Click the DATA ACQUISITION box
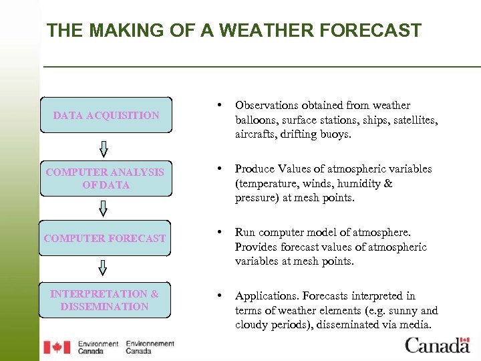106,115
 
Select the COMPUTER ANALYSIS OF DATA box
106,178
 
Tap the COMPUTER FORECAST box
106,238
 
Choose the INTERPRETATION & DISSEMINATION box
106,300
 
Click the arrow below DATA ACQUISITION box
103,148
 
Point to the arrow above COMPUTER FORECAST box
103,209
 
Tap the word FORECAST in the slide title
365,31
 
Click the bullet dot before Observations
220,106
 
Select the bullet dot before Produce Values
220,169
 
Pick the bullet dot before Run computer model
220,233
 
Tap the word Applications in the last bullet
267,296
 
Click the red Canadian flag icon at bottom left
57,347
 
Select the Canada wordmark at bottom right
438,345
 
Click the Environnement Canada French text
150,347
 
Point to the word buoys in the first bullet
335,135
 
